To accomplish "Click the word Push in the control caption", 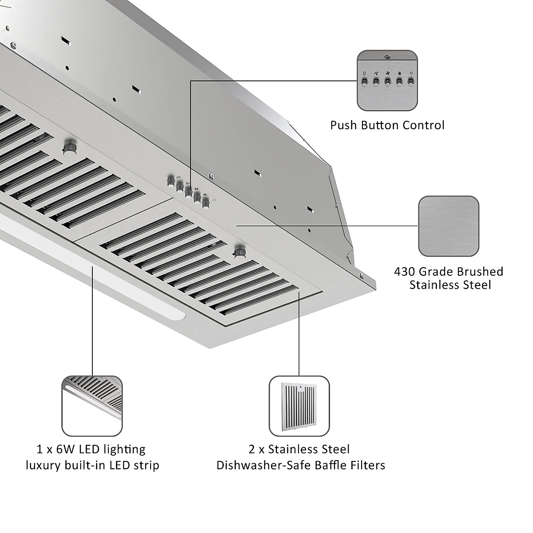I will click(x=343, y=125).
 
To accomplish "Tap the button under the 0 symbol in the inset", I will click(x=365, y=82).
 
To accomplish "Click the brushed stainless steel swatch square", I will click(x=449, y=226).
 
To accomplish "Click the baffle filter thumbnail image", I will click(x=299, y=406).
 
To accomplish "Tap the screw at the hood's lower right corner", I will click(x=363, y=275).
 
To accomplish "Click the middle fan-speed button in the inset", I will click(x=387, y=82).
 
